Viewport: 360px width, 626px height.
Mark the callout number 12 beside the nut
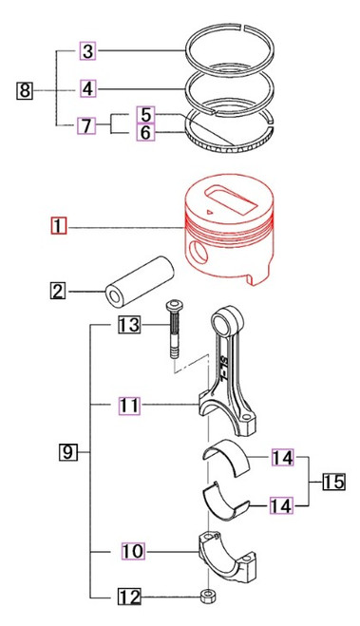[x=129, y=598]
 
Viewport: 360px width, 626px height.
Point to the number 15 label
[x=332, y=483]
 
